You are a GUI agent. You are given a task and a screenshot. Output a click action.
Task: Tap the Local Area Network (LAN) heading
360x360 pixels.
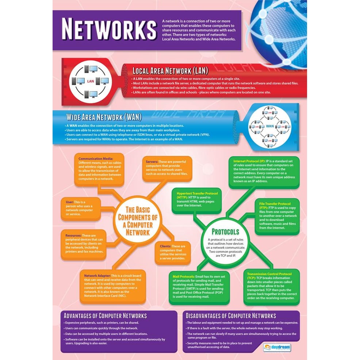click(170, 70)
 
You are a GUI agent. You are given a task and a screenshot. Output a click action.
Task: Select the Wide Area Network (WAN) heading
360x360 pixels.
click(104, 117)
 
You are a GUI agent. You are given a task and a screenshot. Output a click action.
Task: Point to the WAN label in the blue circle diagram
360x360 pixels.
click(270, 126)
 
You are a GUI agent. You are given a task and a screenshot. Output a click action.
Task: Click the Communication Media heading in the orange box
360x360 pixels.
click(96, 159)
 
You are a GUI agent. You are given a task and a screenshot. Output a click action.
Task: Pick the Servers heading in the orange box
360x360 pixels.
click(152, 161)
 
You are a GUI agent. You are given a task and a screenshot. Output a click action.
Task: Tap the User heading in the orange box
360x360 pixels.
click(69, 202)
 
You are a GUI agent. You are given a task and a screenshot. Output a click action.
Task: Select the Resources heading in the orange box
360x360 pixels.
click(73, 235)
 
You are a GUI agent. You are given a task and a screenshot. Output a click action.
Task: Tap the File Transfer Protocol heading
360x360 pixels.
click(275, 204)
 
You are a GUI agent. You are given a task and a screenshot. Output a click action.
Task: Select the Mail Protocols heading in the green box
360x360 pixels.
click(184, 276)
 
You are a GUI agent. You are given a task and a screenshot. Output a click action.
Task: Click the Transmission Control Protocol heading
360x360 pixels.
click(269, 274)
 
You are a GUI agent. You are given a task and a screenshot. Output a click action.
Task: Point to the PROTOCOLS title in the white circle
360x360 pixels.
click(225, 232)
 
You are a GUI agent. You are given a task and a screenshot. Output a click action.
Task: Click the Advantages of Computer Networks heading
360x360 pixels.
click(105, 316)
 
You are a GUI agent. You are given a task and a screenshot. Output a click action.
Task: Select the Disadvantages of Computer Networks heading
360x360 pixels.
click(231, 316)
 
